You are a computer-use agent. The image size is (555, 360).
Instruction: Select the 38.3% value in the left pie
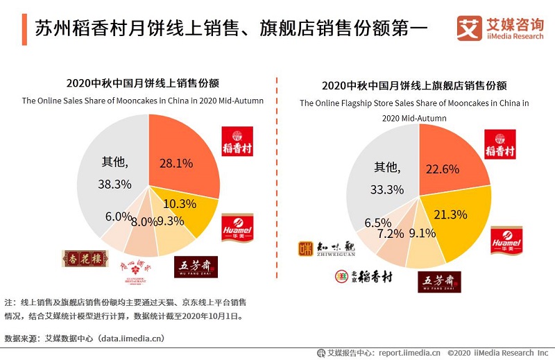point(114,185)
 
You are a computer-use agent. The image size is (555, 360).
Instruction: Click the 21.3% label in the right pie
point(450,214)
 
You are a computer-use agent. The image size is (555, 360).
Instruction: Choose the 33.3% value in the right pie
point(386,189)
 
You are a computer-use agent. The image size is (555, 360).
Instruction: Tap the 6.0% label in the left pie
point(118,216)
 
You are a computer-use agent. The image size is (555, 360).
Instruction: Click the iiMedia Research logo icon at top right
point(469,28)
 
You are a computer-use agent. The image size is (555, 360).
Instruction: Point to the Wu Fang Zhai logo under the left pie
point(196,267)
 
